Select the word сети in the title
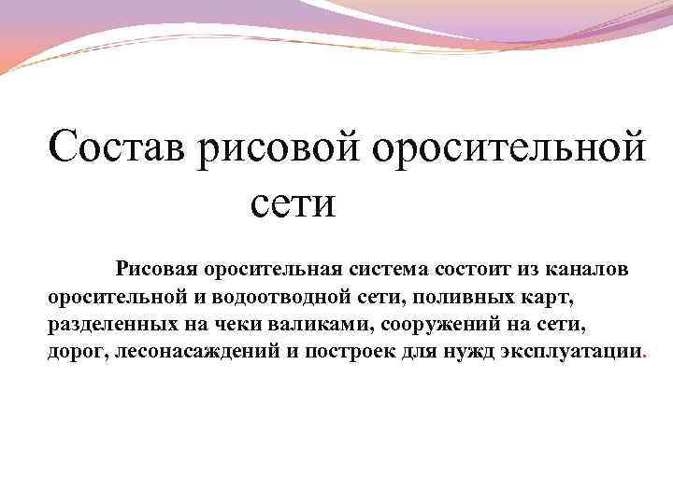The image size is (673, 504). [293, 203]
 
